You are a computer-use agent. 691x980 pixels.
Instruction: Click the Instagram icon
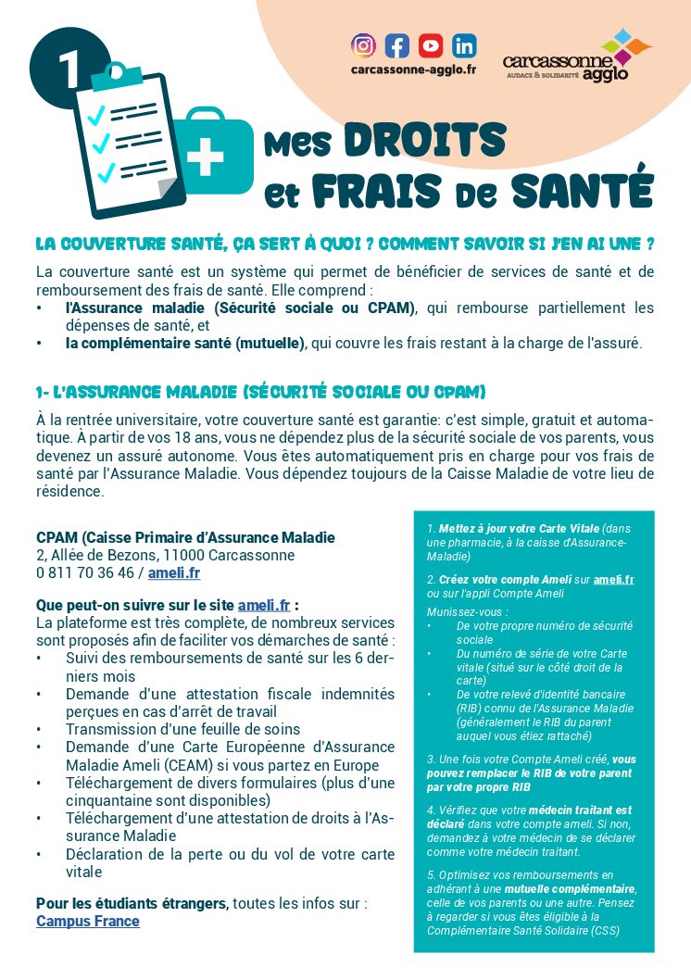click(x=364, y=44)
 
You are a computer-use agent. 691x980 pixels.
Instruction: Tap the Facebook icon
click(x=396, y=44)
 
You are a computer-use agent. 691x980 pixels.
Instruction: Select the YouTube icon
click(x=430, y=44)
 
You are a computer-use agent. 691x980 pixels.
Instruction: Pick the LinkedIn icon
click(x=464, y=44)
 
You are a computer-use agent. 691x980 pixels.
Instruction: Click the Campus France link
click(x=88, y=922)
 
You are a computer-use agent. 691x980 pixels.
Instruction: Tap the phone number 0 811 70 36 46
click(x=85, y=572)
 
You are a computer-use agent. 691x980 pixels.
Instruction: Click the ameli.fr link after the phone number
click(x=174, y=572)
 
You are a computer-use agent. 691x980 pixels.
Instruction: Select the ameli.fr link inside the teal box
click(x=613, y=579)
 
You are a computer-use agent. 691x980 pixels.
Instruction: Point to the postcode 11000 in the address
click(x=184, y=555)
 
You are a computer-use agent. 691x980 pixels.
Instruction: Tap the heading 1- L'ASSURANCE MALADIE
click(x=260, y=391)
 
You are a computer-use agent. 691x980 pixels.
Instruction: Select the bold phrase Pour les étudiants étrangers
click(x=132, y=903)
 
